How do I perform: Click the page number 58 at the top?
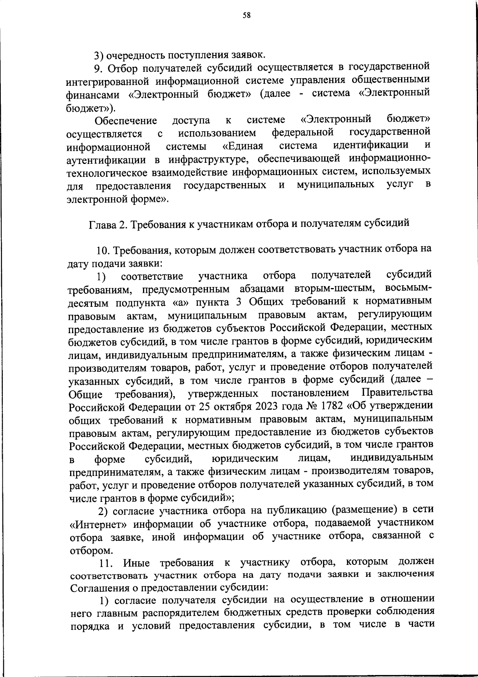(x=247, y=16)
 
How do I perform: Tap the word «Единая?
(x=243, y=145)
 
